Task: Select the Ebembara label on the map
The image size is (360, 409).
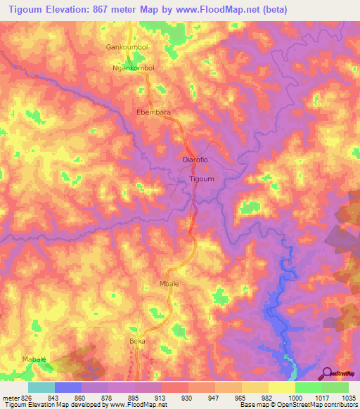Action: coord(153,112)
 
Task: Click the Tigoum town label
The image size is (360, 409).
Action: coord(202,179)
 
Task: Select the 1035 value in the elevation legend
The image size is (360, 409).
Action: coord(348,397)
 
